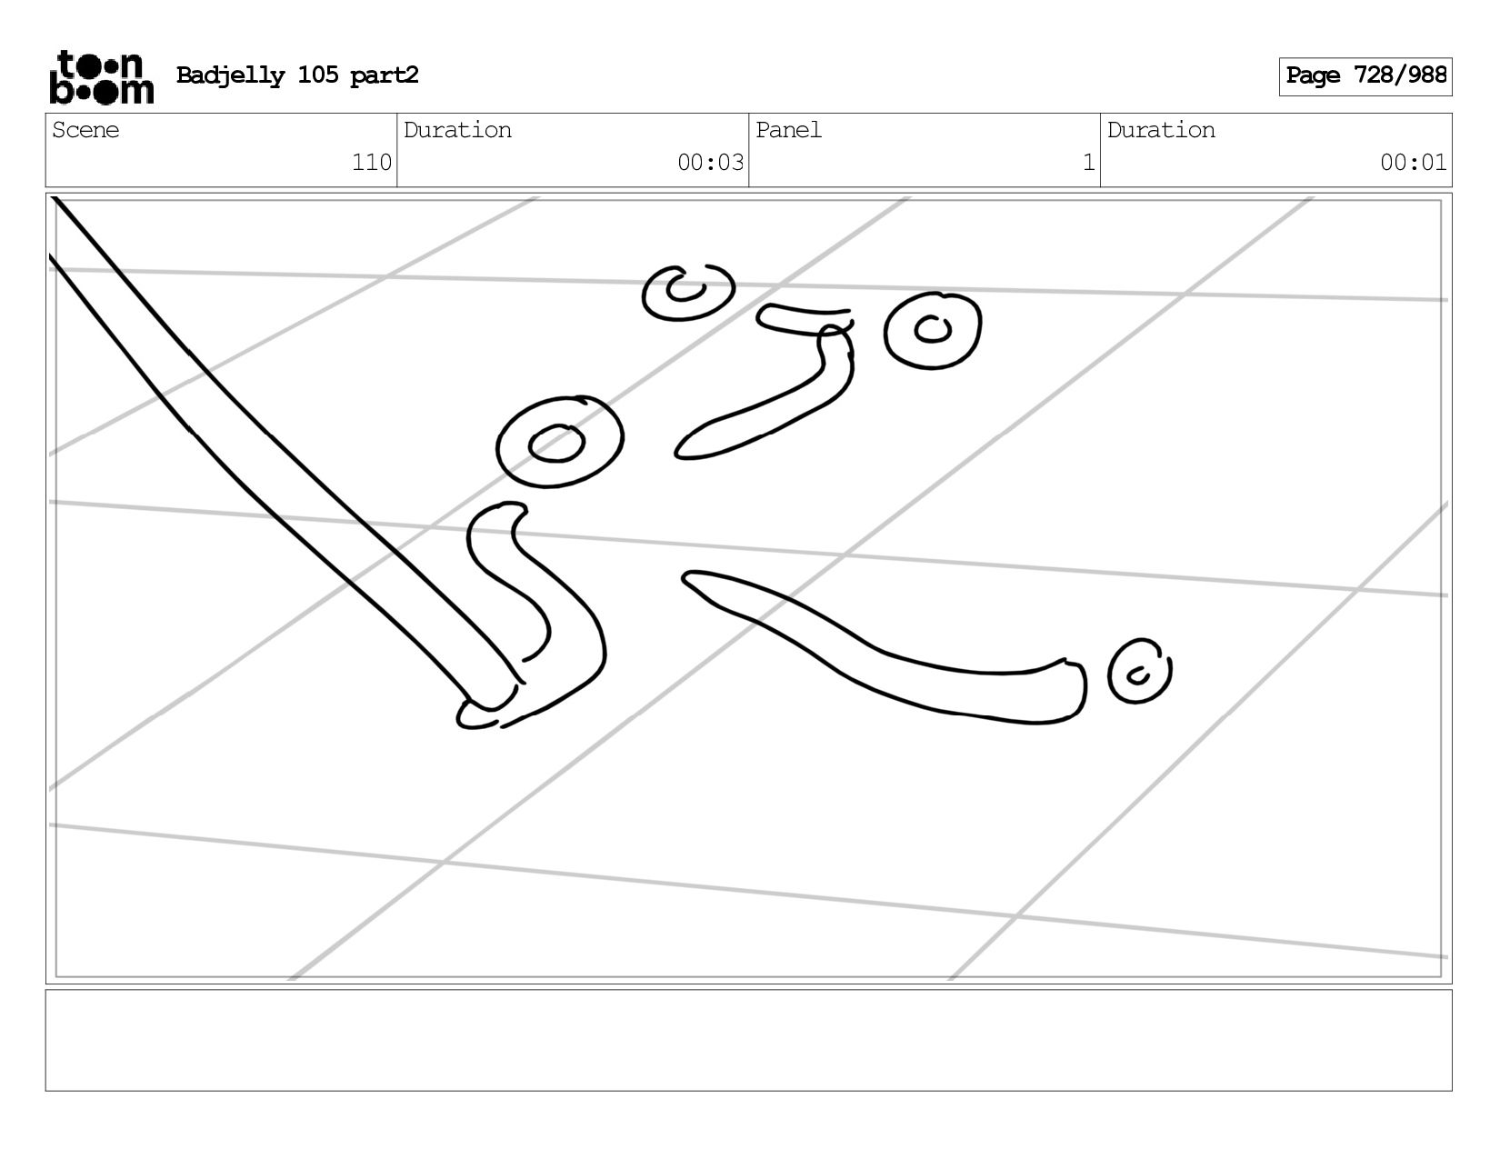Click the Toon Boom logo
(x=102, y=76)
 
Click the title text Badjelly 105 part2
(x=297, y=75)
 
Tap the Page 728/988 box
(x=1365, y=76)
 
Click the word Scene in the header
(x=85, y=130)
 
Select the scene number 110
(x=372, y=162)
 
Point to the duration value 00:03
(x=710, y=162)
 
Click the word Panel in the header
(x=788, y=130)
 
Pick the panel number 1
(x=1088, y=162)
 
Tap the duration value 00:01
(x=1413, y=162)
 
